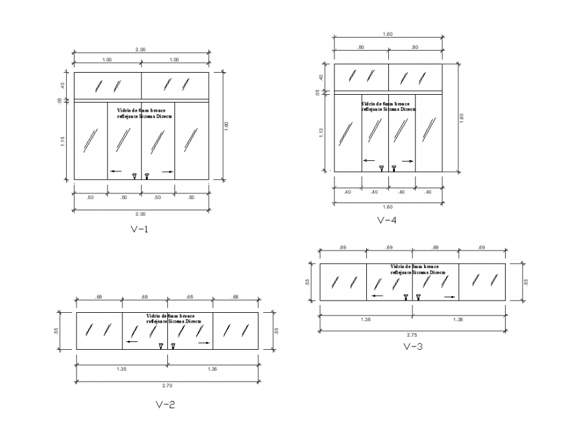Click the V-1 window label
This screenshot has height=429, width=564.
pos(140,228)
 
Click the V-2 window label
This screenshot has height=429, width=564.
pos(165,405)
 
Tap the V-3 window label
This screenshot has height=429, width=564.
pos(413,347)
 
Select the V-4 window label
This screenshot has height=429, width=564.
pos(387,219)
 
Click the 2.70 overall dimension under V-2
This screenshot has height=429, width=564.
pos(167,386)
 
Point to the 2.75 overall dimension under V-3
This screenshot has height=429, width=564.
pos(412,334)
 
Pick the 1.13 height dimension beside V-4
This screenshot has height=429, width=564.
pos(322,133)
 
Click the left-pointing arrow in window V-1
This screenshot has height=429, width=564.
pos(115,171)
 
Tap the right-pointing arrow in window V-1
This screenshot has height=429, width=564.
pos(168,171)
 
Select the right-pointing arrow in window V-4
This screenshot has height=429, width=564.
pos(407,161)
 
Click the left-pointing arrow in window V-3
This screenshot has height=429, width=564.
pos(377,296)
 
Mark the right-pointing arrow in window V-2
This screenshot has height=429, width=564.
pos(204,342)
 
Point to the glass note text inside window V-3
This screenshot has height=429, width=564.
pos(418,270)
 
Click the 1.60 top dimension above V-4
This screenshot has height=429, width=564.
pos(387,34)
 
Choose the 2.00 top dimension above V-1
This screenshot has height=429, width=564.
pos(140,49)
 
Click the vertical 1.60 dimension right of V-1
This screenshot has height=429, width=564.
pos(226,125)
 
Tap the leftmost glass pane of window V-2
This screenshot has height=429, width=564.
pos(99,331)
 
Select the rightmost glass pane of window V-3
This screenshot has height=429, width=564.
pos(482,282)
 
